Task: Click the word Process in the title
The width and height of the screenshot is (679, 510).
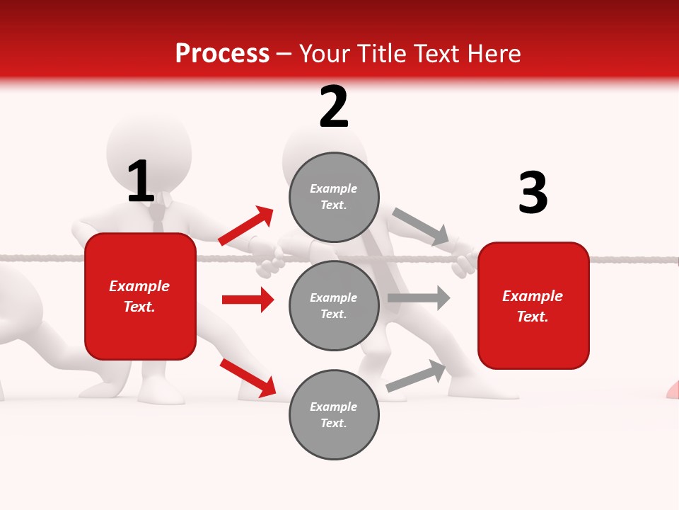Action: [x=222, y=54]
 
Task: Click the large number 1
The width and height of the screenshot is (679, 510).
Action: [x=141, y=181]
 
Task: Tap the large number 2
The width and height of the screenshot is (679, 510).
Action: [x=334, y=107]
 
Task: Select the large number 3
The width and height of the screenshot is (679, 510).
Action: [x=533, y=193]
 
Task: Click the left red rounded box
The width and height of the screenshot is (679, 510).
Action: [x=140, y=296]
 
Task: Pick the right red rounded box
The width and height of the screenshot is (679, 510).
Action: [x=533, y=306]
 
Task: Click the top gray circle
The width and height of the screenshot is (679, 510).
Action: [x=334, y=197]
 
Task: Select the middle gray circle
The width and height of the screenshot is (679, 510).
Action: [x=334, y=306]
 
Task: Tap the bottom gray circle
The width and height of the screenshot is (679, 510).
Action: [x=334, y=415]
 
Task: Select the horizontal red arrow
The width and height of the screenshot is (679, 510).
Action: [x=248, y=300]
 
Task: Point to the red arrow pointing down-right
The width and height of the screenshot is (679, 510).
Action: [x=248, y=378]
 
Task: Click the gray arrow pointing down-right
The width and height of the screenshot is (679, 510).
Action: [x=421, y=226]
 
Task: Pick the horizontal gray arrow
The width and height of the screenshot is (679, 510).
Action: [x=419, y=298]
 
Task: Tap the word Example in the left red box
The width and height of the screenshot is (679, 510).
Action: [x=139, y=286]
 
